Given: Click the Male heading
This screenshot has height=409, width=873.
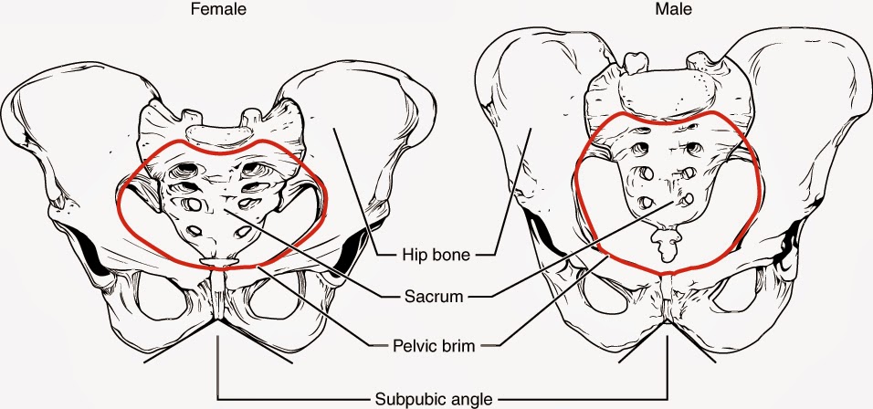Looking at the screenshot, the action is coord(671,11).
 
